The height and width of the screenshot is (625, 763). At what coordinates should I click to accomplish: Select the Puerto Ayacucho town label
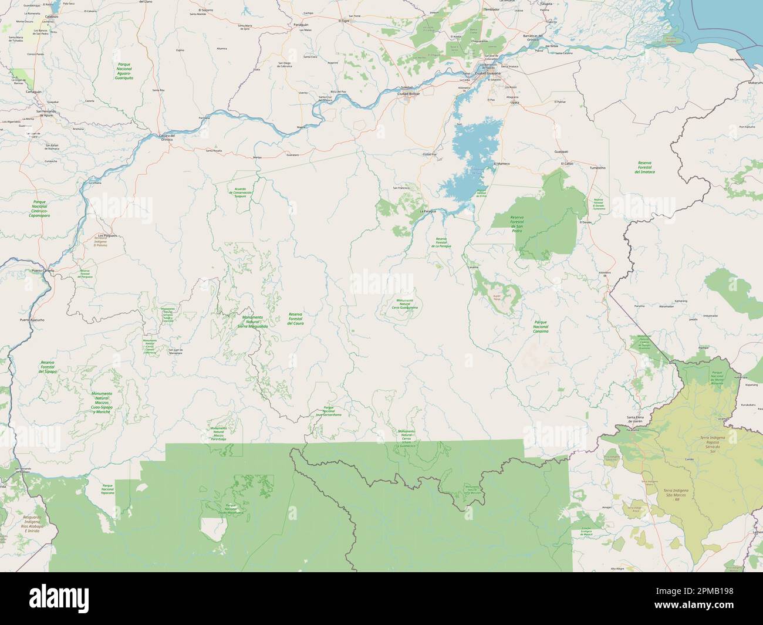click(x=32, y=320)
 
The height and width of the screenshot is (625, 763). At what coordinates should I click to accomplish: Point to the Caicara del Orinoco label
click(x=168, y=136)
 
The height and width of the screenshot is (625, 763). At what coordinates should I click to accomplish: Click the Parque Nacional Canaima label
click(x=541, y=327)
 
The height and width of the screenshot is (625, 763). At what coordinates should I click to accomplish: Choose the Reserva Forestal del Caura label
click(x=295, y=319)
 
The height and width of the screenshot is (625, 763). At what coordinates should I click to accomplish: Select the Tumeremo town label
click(x=596, y=167)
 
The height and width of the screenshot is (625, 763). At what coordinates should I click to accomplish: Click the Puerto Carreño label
click(x=43, y=271)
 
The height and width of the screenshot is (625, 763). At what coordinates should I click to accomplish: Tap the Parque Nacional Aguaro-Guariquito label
click(x=124, y=70)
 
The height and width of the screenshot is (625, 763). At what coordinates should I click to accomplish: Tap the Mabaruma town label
click(x=755, y=83)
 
